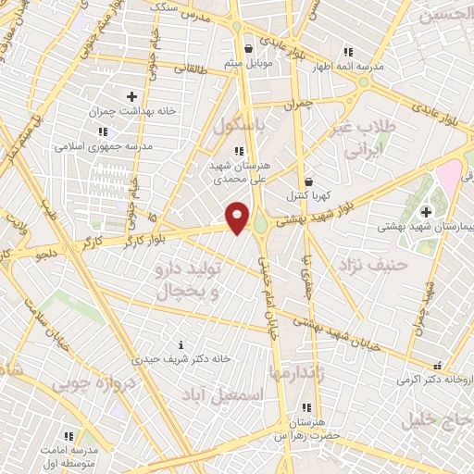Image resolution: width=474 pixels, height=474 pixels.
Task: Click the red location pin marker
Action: coord(238,217)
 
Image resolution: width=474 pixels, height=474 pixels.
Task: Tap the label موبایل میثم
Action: coord(248,64)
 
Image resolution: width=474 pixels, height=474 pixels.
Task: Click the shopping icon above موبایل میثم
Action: coord(247,49)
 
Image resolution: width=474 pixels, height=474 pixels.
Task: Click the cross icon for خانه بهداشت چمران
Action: coord(131,96)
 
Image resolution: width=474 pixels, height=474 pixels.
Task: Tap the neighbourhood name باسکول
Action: coord(241,124)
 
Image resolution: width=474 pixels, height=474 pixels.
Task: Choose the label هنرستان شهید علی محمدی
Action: coord(240,171)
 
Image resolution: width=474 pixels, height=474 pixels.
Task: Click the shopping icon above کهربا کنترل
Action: coord(307,181)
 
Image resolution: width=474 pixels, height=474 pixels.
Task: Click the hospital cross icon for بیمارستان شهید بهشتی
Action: coord(425,212)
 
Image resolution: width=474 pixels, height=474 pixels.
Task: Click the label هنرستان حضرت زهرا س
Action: coord(307,427)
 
